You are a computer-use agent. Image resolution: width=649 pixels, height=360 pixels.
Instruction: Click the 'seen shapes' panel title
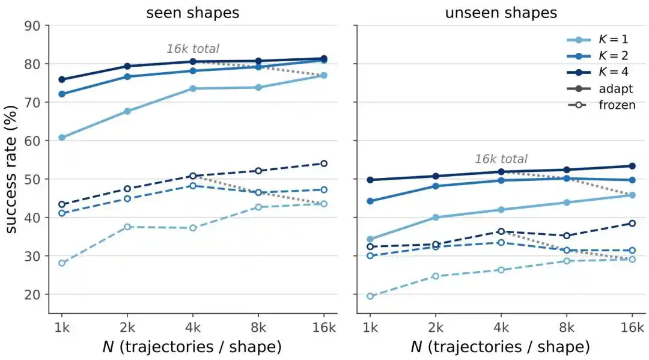192,13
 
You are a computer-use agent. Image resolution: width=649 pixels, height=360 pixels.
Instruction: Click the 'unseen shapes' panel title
501,13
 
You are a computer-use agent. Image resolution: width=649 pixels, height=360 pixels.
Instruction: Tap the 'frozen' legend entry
602,105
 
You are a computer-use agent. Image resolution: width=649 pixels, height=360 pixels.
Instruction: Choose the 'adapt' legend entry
600,89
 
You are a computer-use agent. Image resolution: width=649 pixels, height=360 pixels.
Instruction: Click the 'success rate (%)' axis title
11,169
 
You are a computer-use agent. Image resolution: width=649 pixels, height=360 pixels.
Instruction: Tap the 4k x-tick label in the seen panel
193,328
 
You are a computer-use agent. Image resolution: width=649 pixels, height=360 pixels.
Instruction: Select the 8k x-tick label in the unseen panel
567,328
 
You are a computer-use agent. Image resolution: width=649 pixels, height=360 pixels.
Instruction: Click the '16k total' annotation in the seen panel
193,49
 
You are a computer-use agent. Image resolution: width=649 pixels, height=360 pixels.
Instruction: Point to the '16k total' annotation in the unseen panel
501,159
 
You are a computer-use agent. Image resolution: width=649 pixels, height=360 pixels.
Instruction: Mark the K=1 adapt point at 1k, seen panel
62,138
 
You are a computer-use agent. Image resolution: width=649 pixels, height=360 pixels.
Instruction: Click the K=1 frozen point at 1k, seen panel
62,263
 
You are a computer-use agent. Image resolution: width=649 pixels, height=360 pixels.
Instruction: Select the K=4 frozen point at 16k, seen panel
324,163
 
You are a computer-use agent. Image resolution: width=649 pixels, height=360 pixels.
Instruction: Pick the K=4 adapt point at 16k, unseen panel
632,166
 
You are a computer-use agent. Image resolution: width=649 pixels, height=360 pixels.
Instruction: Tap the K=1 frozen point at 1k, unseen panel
370,296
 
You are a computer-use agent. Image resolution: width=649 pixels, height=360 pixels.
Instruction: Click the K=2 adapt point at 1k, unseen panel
370,201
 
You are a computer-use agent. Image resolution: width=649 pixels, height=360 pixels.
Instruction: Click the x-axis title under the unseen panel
501,347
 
